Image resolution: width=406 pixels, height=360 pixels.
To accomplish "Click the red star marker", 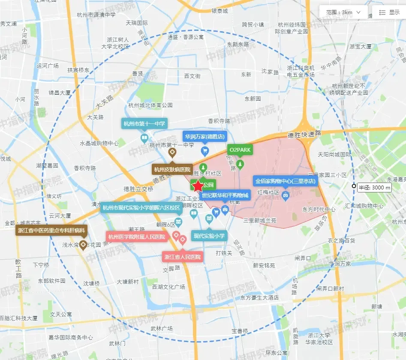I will point(198,186).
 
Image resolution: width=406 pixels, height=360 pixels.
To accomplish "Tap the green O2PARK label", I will point(240,150).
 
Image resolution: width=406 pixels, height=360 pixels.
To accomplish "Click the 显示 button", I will point(389,12).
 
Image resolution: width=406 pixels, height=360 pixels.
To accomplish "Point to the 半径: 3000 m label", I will point(375,187).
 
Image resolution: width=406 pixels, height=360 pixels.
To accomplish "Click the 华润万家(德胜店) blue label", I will point(205,137).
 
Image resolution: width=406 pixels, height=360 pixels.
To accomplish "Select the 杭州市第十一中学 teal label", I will point(144,124).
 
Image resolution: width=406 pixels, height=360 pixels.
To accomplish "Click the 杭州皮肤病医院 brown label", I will point(172,169).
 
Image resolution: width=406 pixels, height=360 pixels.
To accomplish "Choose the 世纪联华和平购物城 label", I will point(225,196).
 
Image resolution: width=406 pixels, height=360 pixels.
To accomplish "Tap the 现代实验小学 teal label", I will point(209,236).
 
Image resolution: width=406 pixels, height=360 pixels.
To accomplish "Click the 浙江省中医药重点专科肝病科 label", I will point(51,230).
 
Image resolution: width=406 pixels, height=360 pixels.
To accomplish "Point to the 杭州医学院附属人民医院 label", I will point(137,237).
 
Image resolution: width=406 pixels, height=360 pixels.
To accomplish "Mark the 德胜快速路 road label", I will point(304,135).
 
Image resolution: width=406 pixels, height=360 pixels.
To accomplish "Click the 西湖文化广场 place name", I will point(168,287).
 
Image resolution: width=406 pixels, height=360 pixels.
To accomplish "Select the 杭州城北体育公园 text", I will point(150,105).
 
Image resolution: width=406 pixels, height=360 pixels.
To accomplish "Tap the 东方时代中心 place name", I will point(319,210).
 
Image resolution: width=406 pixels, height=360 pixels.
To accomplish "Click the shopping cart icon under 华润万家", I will point(205,150).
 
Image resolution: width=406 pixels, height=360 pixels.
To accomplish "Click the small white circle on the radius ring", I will point(353,186).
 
